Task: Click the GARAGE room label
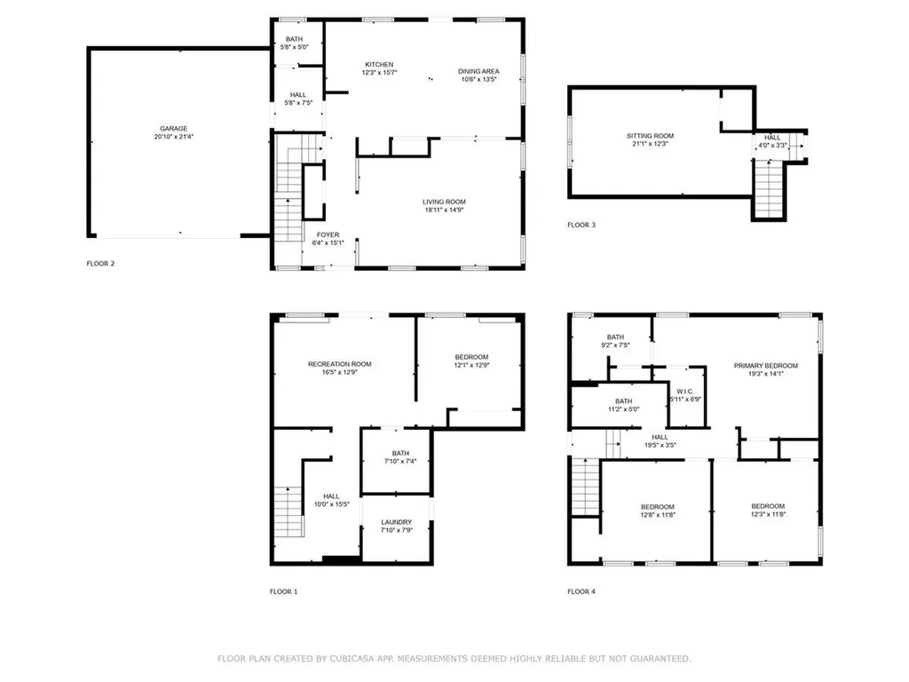(174, 129)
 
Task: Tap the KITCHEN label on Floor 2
(379, 64)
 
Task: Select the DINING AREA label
(478, 71)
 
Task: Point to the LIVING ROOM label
(444, 202)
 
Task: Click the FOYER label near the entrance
(328, 234)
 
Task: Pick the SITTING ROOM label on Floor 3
(650, 136)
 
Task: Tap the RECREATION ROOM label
(340, 364)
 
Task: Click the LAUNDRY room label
(397, 522)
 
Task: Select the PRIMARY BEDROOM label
(766, 366)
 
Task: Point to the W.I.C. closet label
(684, 392)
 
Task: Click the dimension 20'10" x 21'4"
(174, 137)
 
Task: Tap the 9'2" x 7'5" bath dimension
(616, 345)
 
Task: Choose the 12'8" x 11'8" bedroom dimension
(658, 515)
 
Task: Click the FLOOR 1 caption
(283, 591)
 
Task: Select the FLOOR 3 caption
(581, 225)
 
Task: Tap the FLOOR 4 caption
(581, 591)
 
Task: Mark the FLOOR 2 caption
(101, 263)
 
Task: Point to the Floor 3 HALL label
(772, 138)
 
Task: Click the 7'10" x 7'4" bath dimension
(400, 462)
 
